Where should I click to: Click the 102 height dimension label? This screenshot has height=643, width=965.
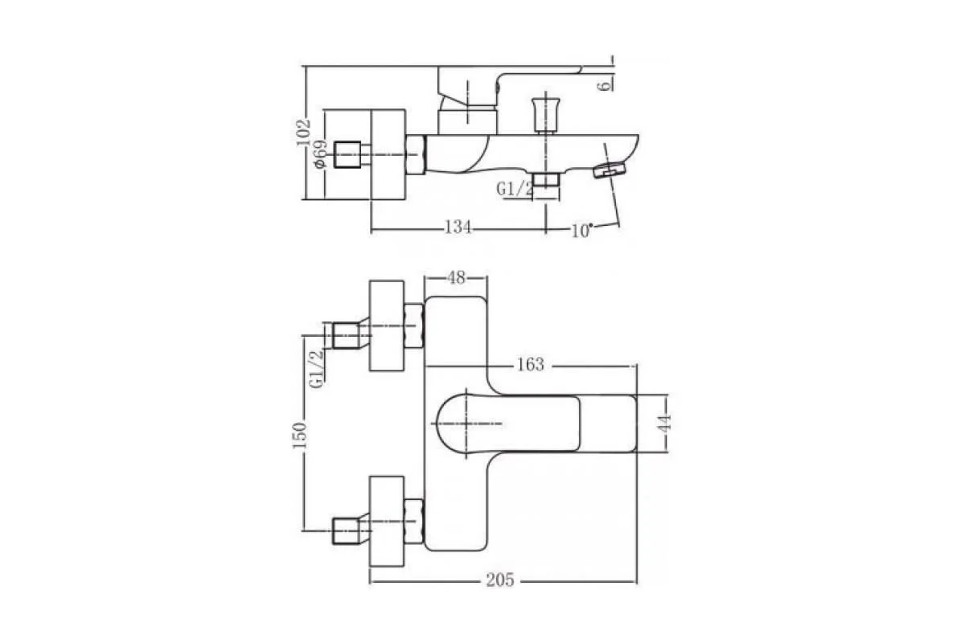coord(304,133)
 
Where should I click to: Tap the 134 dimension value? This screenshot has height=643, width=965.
coord(458,227)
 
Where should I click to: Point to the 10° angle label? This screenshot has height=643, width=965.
coord(581,231)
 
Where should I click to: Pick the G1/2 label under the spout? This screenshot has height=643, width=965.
coord(515,189)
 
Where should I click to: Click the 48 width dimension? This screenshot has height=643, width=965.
coord(456,278)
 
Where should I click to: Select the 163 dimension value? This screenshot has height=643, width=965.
coord(531,365)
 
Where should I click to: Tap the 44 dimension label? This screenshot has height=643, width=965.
coord(665,423)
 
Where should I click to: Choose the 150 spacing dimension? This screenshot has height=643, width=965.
coord(299,436)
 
